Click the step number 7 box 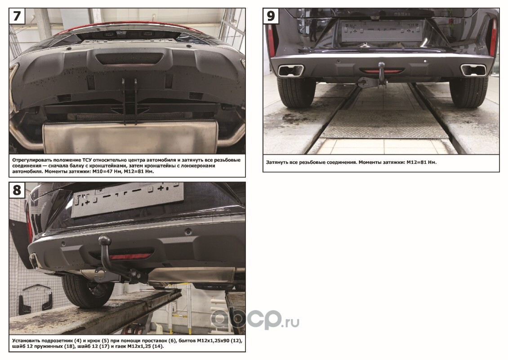point(17,16)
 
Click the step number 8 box point(17,190)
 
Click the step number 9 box point(271,16)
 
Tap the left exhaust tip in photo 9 point(291,70)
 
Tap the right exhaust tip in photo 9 point(474,70)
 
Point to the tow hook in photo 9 point(382,75)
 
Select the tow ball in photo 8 point(105,241)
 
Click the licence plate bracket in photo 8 point(127,198)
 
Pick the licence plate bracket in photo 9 point(382,31)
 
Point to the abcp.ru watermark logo point(255,319)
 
